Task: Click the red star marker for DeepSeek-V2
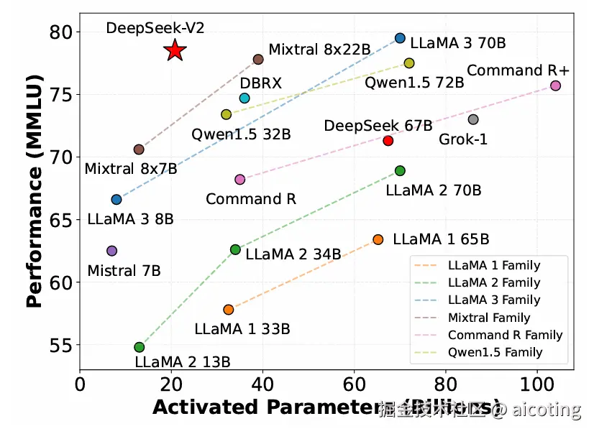[175, 50]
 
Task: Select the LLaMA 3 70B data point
[401, 38]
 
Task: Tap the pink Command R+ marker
[555, 86]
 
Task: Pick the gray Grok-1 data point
[473, 119]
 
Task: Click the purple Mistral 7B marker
[111, 251]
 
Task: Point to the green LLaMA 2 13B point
[140, 347]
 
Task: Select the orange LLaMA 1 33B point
[229, 310]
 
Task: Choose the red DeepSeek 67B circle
[388, 141]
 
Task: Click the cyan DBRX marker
[245, 98]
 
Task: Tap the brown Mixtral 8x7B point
[139, 149]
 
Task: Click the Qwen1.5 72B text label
[413, 82]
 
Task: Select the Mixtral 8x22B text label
[319, 50]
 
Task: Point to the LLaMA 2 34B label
[293, 254]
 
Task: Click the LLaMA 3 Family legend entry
[493, 300]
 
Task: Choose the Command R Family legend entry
[505, 335]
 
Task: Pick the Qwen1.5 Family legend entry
[495, 352]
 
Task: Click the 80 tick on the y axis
[62, 32]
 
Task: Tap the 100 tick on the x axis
[536, 386]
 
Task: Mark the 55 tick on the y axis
[62, 346]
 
